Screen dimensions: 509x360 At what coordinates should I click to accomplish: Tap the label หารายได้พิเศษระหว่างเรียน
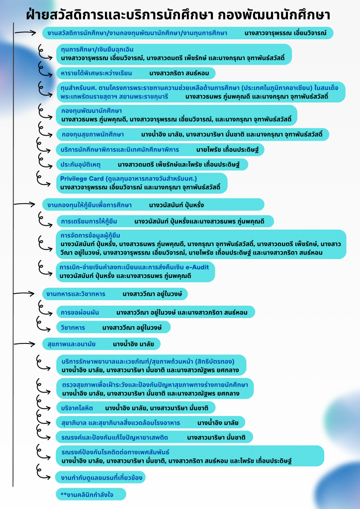point(96,73)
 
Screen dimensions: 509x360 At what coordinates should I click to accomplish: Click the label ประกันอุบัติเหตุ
point(81,164)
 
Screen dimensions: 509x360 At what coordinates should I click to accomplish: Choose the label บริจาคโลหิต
point(77,408)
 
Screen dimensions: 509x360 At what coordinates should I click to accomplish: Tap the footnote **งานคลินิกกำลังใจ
point(90,494)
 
